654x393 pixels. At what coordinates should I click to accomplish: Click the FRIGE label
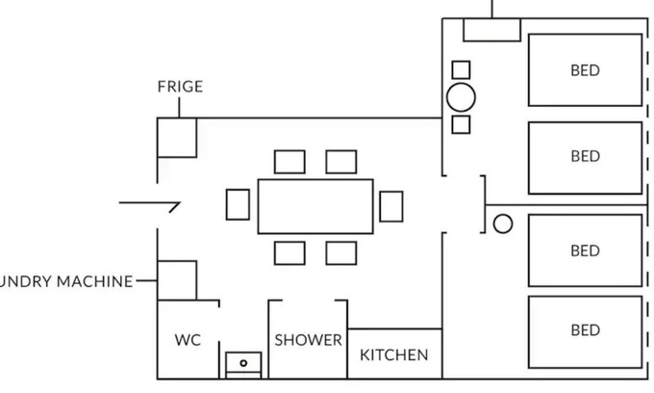tap(180, 87)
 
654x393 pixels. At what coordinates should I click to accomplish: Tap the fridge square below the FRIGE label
tap(177, 138)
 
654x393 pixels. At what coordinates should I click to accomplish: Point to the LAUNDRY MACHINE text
tap(65, 281)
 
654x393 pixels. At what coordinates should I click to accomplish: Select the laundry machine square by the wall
tap(177, 279)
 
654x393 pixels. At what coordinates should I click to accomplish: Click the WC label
tap(188, 341)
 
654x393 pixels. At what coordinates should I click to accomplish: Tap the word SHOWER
tap(308, 340)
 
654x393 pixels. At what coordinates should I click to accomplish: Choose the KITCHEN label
tap(393, 355)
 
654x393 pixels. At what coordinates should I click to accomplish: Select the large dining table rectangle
tap(315, 206)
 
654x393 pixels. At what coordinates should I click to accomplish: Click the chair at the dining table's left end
tap(238, 204)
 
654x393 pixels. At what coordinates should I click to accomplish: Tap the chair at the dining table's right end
tap(390, 205)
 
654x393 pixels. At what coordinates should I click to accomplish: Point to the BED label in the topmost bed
tap(585, 70)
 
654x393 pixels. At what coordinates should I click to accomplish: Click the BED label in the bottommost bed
tap(585, 330)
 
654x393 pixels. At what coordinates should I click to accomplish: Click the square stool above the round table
tap(461, 69)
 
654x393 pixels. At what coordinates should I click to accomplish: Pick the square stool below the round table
tap(461, 124)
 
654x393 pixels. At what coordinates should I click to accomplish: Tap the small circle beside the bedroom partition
tap(502, 224)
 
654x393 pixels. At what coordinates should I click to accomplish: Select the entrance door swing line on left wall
tap(150, 204)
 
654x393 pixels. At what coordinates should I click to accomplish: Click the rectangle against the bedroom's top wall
tap(491, 30)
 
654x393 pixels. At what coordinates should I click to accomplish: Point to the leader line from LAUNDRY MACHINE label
tap(146, 281)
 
